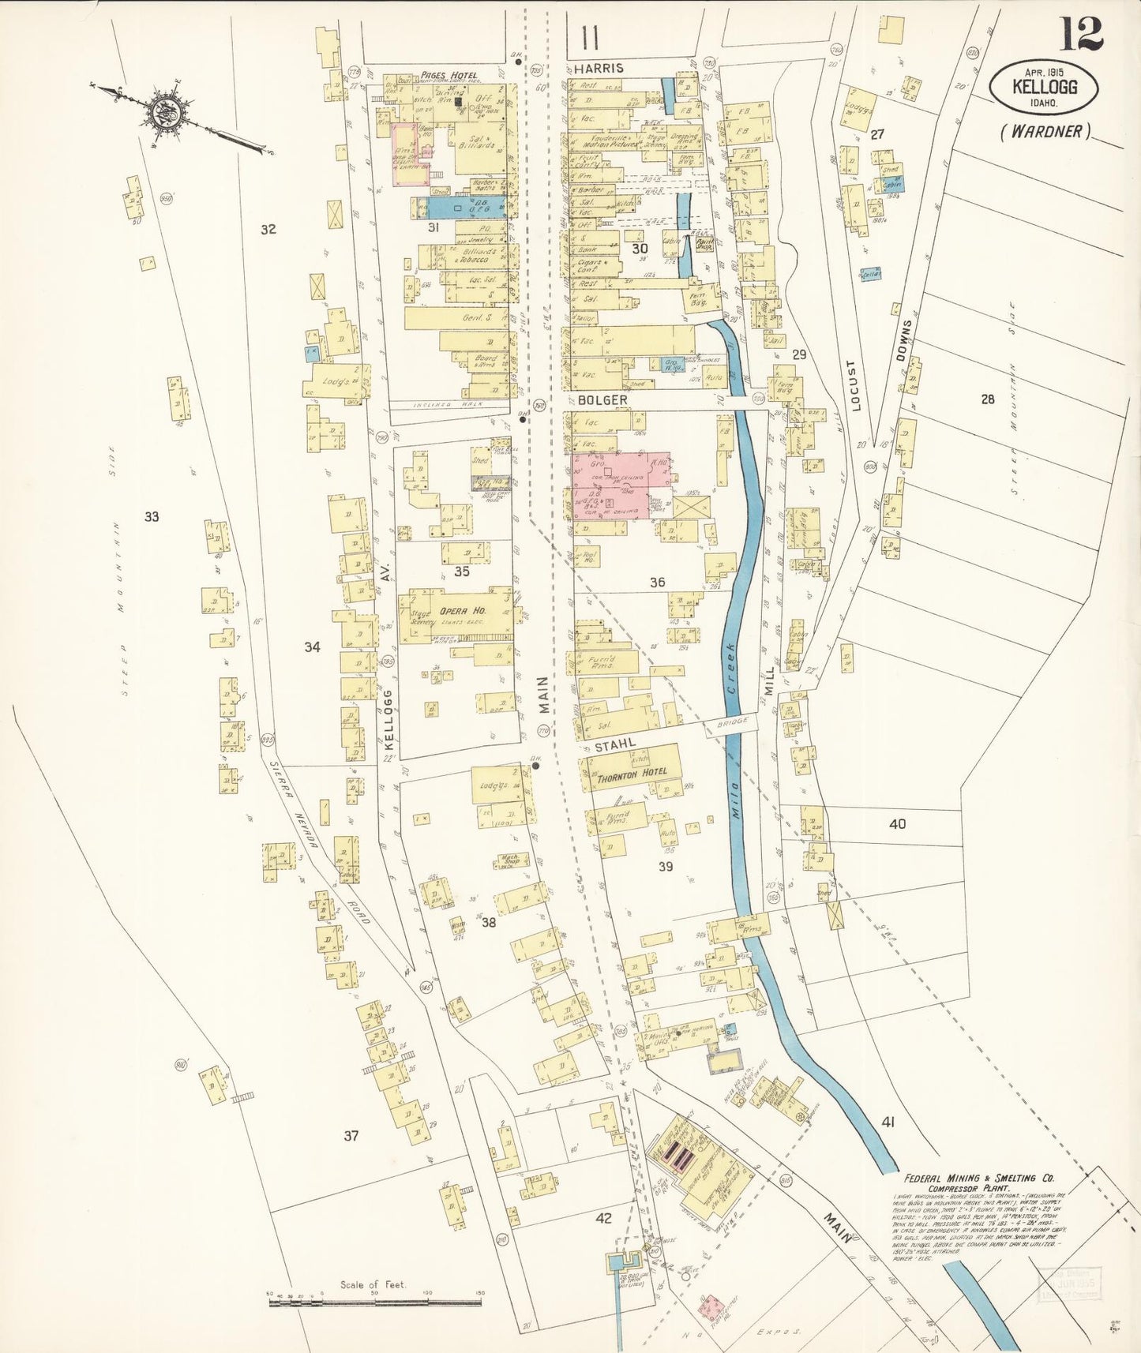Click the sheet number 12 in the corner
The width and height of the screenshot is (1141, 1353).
1082,33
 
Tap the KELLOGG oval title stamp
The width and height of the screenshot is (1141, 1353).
1045,87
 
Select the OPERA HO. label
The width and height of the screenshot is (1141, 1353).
458,612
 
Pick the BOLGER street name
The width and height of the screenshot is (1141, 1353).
602,400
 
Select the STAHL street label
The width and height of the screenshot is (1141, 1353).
614,744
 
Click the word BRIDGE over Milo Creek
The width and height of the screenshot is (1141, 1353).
731,723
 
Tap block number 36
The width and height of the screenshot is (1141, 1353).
657,583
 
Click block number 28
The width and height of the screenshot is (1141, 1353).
987,399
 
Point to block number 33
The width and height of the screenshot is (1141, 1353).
152,517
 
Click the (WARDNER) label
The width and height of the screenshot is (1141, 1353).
1045,132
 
